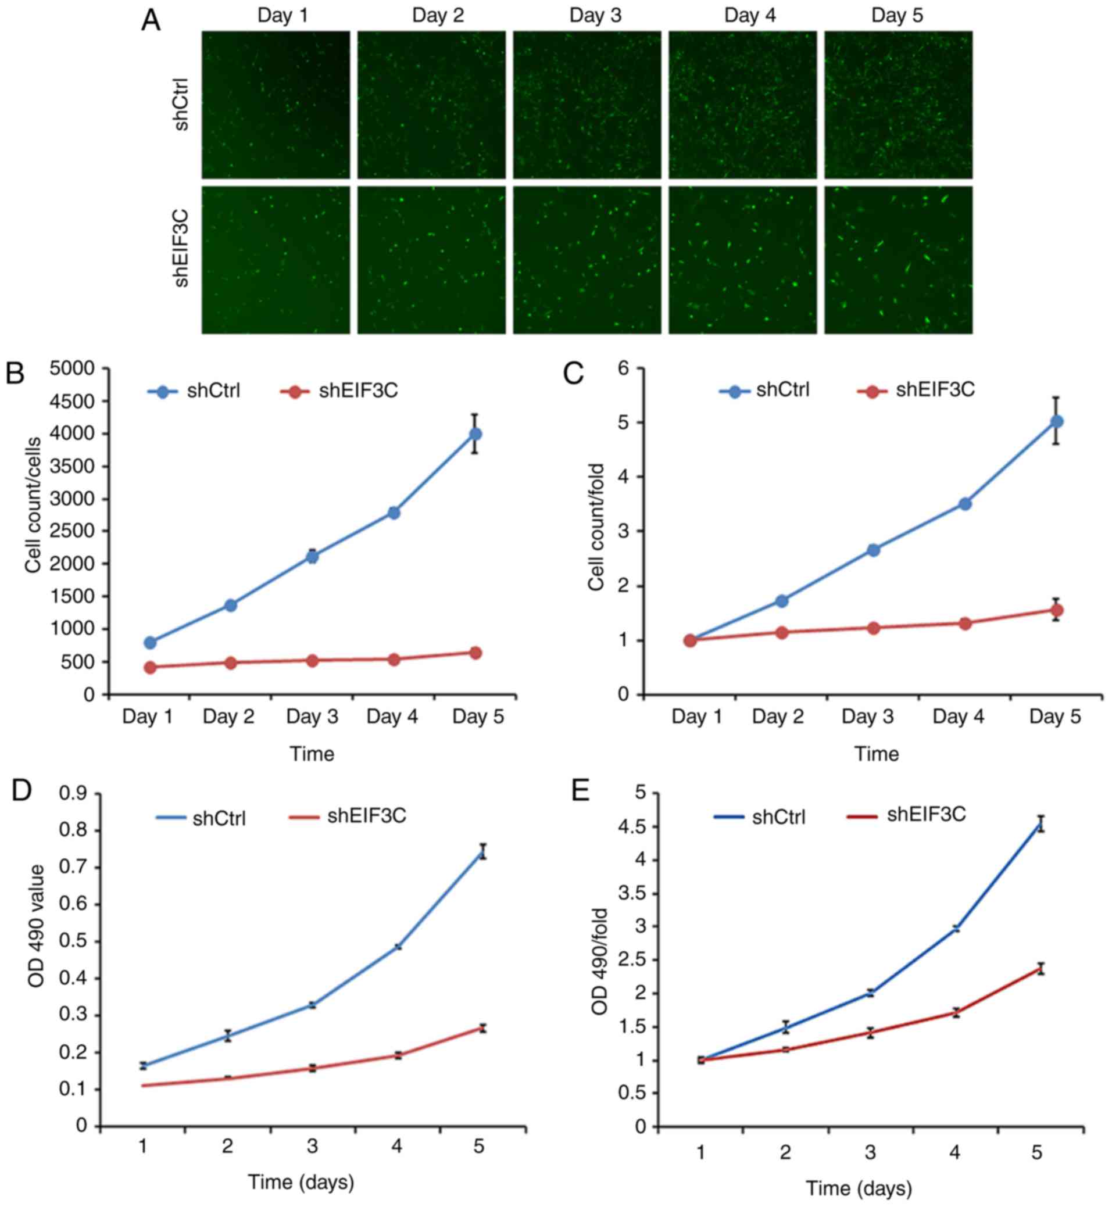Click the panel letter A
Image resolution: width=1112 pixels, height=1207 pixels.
point(151,21)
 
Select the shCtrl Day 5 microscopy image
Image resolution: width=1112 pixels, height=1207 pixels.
point(898,105)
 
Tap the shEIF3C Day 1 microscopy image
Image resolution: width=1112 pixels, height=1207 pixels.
point(276,260)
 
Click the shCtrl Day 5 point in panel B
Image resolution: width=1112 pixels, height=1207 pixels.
point(475,434)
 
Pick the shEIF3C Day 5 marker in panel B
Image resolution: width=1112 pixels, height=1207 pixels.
point(475,653)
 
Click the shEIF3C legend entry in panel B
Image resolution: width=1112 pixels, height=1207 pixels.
point(339,391)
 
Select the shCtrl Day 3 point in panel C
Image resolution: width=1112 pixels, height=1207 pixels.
point(874,550)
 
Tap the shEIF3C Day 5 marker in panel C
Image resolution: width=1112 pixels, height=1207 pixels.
point(1056,610)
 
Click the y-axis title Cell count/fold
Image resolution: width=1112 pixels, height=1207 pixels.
point(596,527)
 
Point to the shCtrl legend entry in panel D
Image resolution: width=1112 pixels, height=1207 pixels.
point(201,818)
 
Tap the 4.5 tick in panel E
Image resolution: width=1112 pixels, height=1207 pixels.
point(631,828)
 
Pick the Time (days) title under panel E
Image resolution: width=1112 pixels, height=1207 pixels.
point(859,1188)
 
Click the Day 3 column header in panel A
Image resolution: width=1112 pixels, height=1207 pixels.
point(595,15)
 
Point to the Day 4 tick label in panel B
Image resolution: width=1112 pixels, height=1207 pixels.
point(392,717)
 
